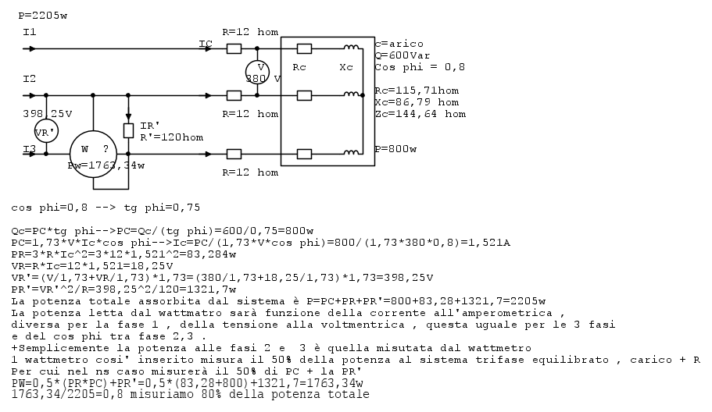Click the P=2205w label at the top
pos(43,16)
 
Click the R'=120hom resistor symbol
pos(128,131)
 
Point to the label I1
pos(30,32)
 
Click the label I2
pos(30,79)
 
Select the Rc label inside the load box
pos(299,68)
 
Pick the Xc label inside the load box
pos(346,68)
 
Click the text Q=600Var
pos(403,55)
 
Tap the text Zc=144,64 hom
pos(420,114)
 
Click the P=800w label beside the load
pos(395,149)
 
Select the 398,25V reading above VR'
pos(47,114)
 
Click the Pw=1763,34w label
pos(106,166)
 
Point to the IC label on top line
pos(206,44)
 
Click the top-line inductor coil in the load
pos(351,47)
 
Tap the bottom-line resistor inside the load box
pos(304,154)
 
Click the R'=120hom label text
pos(172,137)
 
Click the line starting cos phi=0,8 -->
pos(106,208)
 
